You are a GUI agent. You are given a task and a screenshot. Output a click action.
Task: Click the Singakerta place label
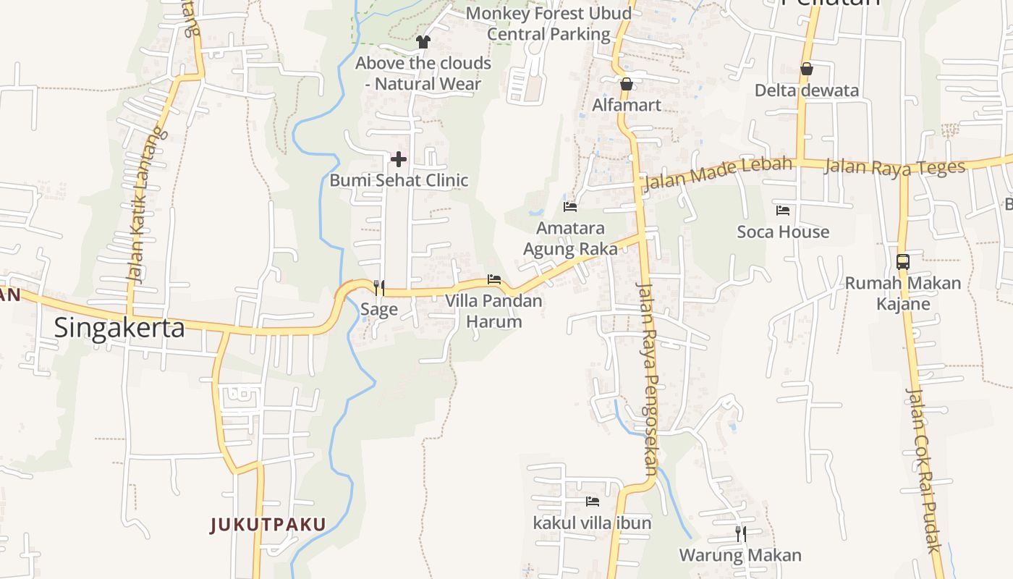click(x=119, y=328)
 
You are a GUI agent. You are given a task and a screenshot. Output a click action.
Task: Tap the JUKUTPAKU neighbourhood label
click(x=268, y=525)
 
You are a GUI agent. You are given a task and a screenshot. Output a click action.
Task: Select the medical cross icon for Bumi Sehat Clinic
click(x=399, y=159)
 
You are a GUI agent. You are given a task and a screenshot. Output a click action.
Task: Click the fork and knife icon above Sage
click(x=378, y=288)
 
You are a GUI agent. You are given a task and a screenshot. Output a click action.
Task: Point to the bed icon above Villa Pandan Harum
click(x=494, y=279)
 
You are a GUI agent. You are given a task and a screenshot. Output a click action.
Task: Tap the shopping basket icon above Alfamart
click(x=627, y=84)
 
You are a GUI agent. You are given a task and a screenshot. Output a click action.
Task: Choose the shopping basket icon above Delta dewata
click(x=806, y=69)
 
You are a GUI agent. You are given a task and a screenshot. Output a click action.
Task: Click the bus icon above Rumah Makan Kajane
click(x=903, y=261)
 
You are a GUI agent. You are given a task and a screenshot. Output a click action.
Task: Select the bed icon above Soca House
click(x=783, y=211)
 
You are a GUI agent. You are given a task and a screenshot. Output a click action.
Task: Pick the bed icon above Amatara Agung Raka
click(x=570, y=207)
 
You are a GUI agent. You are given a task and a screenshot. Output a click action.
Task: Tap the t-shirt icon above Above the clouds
click(x=423, y=42)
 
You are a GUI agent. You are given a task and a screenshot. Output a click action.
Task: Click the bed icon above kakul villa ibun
click(x=593, y=501)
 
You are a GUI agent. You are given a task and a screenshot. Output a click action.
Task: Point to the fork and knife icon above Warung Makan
click(x=740, y=534)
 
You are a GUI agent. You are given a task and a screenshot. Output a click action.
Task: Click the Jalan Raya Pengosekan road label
click(x=647, y=376)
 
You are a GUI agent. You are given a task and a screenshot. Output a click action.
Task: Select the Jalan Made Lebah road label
click(x=717, y=172)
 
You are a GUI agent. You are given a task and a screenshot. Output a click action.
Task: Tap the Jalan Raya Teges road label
click(x=894, y=167)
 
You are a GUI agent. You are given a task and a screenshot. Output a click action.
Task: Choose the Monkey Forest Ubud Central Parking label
click(x=548, y=24)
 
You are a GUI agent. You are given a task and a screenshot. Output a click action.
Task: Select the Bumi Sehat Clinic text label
click(x=399, y=180)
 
